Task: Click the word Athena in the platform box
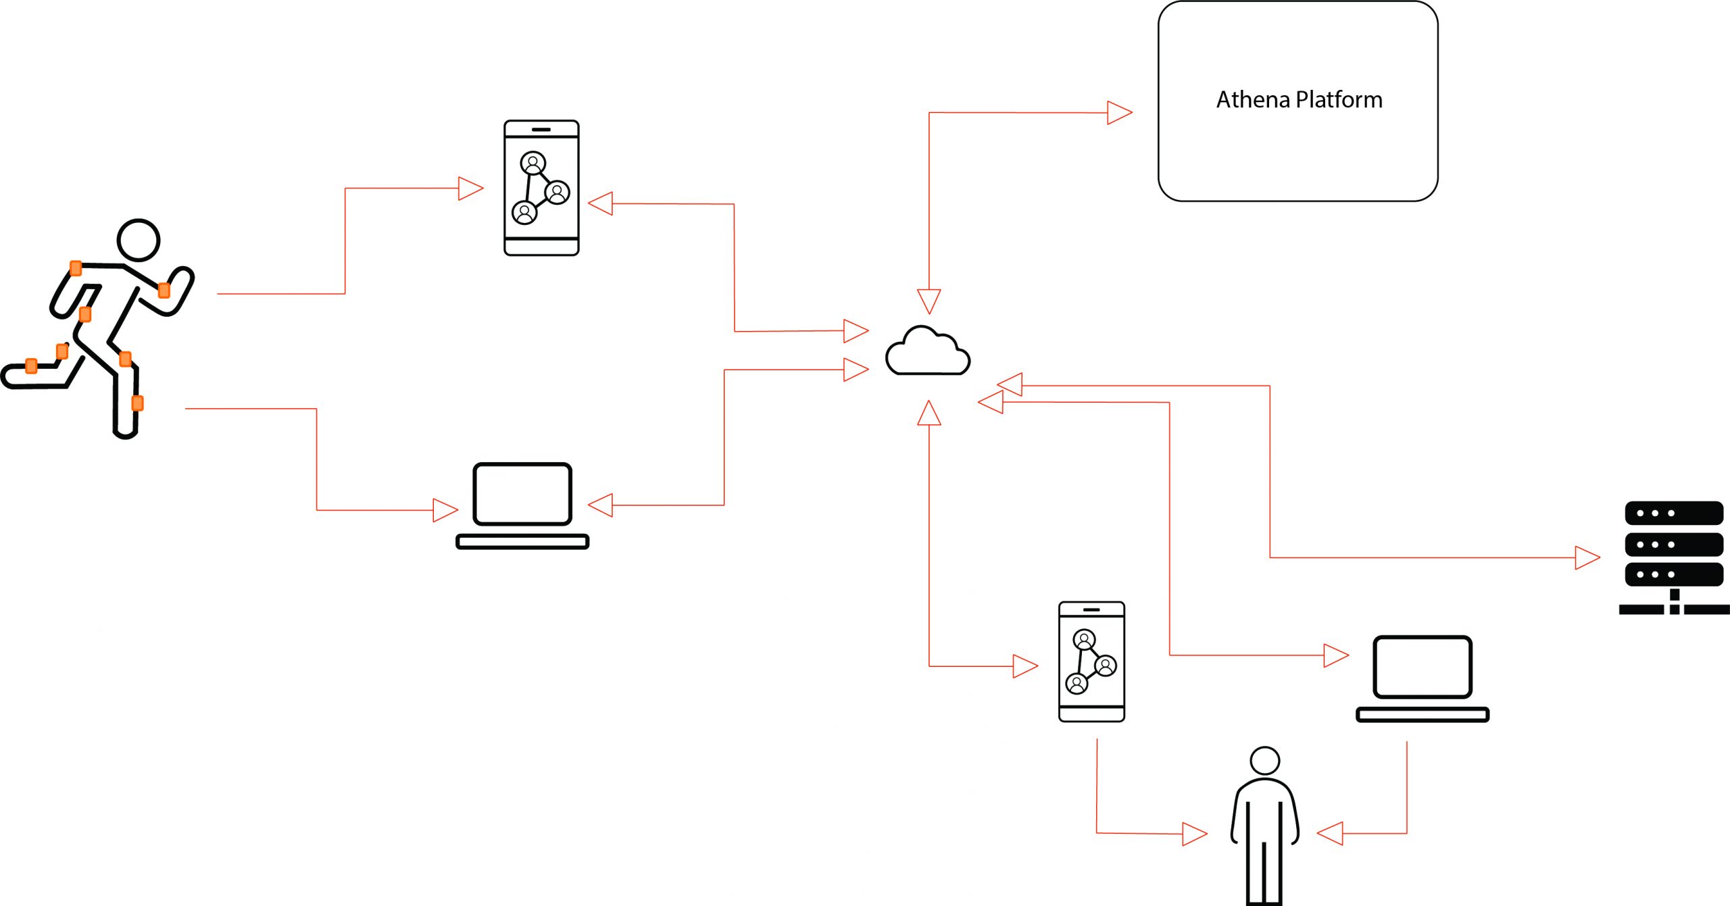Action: point(1254,100)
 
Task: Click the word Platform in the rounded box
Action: point(1339,100)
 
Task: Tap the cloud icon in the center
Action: point(927,352)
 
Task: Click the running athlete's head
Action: point(139,240)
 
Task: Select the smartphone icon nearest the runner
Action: point(541,188)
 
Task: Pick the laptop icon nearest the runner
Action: point(522,505)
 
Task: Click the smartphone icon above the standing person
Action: point(1091,661)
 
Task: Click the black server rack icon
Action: point(1673,555)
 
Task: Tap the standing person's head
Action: point(1264,761)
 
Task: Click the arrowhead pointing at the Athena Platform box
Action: point(1119,113)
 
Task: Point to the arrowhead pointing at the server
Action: point(1587,558)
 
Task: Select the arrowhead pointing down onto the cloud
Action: point(929,301)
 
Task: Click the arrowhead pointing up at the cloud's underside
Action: point(929,413)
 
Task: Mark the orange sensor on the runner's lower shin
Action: point(137,403)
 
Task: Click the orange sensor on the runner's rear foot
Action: point(31,366)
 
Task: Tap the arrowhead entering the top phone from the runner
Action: point(470,188)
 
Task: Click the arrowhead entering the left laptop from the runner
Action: point(445,510)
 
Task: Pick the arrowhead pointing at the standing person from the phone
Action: point(1194,834)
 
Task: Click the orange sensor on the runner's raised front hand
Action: point(164,291)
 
